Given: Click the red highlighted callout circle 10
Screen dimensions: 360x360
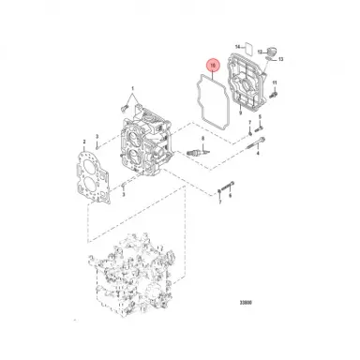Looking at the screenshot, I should tap(213, 66).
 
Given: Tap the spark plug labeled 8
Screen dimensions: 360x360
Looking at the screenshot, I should tap(197, 149).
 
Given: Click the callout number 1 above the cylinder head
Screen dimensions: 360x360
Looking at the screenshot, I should tap(131, 89).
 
